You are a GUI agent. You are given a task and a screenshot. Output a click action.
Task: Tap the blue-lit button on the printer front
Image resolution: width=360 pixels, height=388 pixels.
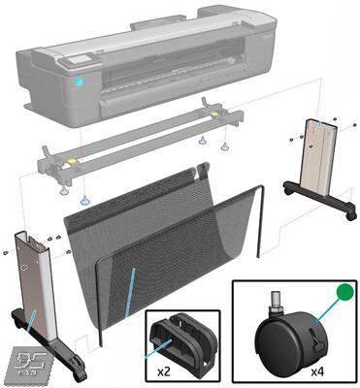click(x=81, y=83)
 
